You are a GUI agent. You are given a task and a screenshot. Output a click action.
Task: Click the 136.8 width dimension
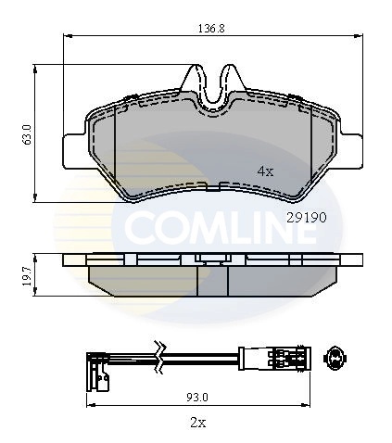pos(211,29)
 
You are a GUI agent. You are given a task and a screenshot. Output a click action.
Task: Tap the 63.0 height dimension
pos(27,135)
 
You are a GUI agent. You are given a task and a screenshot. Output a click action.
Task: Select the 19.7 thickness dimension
pos(27,276)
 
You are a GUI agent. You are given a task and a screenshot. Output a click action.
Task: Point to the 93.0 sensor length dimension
pos(197,397)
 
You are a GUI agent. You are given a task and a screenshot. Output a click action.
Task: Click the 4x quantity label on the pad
pos(265,171)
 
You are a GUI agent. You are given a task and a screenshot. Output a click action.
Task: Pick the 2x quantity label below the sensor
pos(198,423)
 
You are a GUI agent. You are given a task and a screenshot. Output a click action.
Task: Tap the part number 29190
pos(307,218)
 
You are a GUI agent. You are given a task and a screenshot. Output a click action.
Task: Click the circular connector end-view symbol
pos(335,359)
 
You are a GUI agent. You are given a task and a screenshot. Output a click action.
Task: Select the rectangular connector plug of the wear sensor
pos(274,358)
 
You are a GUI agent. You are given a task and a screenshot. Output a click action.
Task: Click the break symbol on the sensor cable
pos(160,358)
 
